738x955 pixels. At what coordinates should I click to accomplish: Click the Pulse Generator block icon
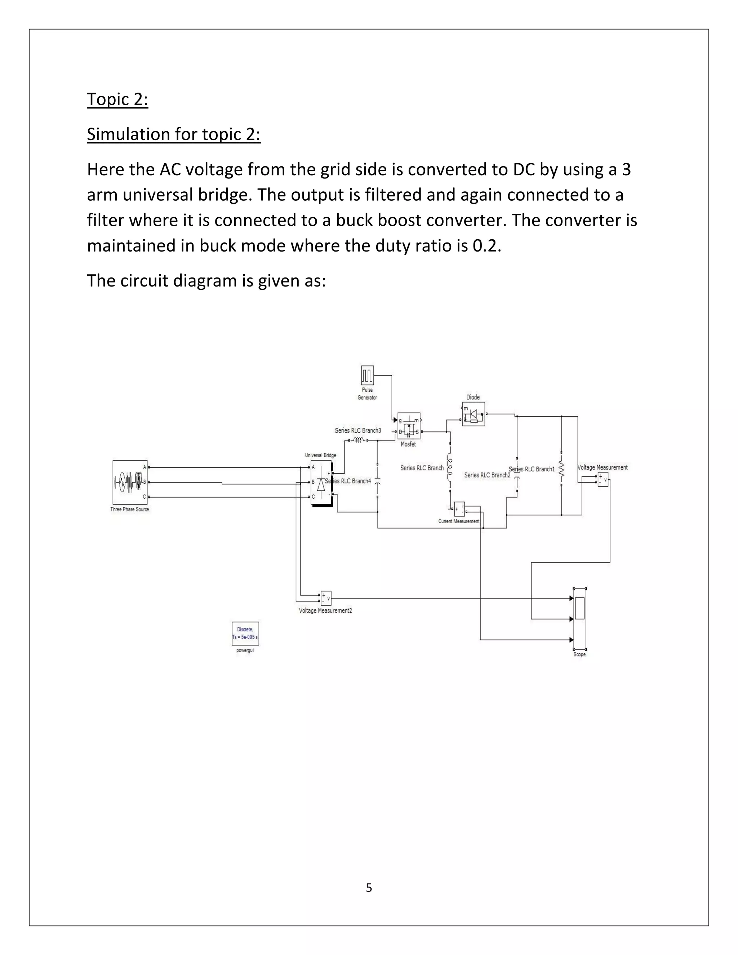367,375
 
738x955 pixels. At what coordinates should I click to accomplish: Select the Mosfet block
409,426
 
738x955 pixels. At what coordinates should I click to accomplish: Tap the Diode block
474,414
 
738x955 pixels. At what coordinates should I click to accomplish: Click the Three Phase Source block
130,482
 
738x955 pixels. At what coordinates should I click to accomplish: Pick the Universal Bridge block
321,482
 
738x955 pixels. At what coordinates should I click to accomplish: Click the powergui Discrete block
245,633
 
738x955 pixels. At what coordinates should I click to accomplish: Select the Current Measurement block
459,508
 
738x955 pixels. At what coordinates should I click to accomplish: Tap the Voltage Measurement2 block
326,598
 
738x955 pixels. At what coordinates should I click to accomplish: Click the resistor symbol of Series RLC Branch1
562,470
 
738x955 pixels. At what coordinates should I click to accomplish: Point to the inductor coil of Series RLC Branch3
358,440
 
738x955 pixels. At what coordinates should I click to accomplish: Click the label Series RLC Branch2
487,475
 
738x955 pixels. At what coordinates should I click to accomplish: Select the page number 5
369,888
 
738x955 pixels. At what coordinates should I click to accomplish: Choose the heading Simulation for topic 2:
174,134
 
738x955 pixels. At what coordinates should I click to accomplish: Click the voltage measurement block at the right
603,480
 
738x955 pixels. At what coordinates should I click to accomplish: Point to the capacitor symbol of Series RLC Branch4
378,481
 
